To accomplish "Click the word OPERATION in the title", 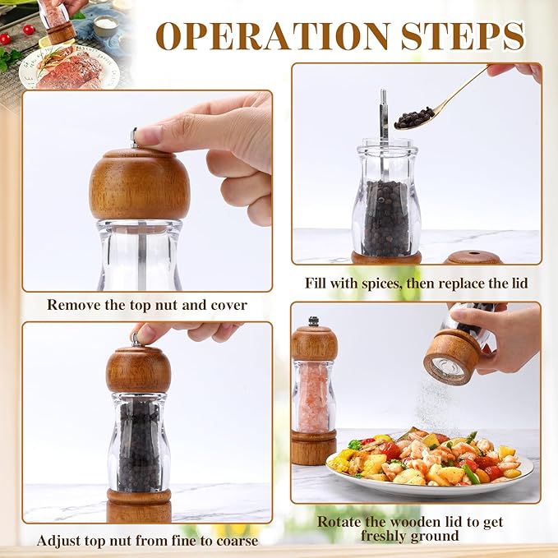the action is point(272,36).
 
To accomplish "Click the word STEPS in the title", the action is point(463,36).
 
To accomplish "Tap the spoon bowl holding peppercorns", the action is point(413,118).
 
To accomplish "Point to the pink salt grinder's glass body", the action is point(313,397).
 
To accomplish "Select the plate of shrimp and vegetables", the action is point(430,463).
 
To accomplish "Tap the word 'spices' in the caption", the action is point(380,284).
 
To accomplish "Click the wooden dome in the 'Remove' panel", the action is point(139,184).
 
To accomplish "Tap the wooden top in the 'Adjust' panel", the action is point(138,370).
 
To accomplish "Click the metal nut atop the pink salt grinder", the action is point(314,321).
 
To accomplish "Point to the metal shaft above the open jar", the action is point(383,113).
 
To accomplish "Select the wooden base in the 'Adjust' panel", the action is point(139,505).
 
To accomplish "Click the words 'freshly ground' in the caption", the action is point(409,537).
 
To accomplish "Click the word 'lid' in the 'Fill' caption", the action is point(519,284).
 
